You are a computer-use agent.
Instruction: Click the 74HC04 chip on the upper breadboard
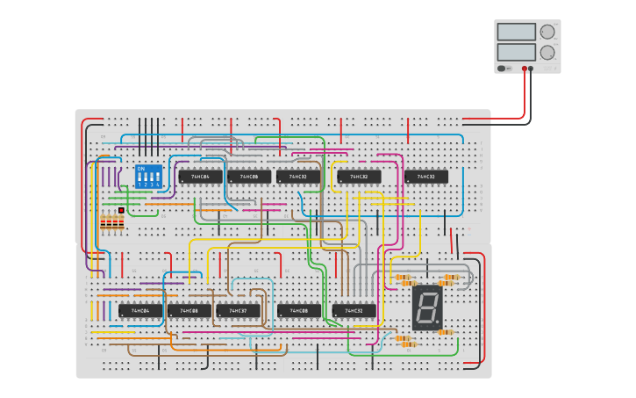tap(200, 177)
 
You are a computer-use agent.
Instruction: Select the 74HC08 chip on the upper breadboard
tap(249, 177)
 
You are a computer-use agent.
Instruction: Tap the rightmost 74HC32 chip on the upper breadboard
tap(426, 177)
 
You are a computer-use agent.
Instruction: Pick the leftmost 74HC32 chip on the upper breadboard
tap(298, 177)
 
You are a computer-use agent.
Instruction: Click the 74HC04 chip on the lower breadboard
tap(140, 310)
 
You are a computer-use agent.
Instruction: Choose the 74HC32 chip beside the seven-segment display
tap(354, 310)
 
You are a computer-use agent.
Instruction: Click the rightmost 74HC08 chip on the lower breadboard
tap(299, 310)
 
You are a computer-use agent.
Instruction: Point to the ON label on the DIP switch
tap(141, 168)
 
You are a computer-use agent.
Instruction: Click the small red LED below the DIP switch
tap(121, 211)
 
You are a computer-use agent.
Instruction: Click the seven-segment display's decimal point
tap(439, 322)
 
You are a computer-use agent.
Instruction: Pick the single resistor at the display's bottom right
tap(446, 332)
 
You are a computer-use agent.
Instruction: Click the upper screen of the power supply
tap(516, 32)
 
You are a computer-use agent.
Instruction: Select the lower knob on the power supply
tap(547, 52)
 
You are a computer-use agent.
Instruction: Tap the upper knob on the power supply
tap(547, 32)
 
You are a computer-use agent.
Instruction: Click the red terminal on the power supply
tap(525, 69)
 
